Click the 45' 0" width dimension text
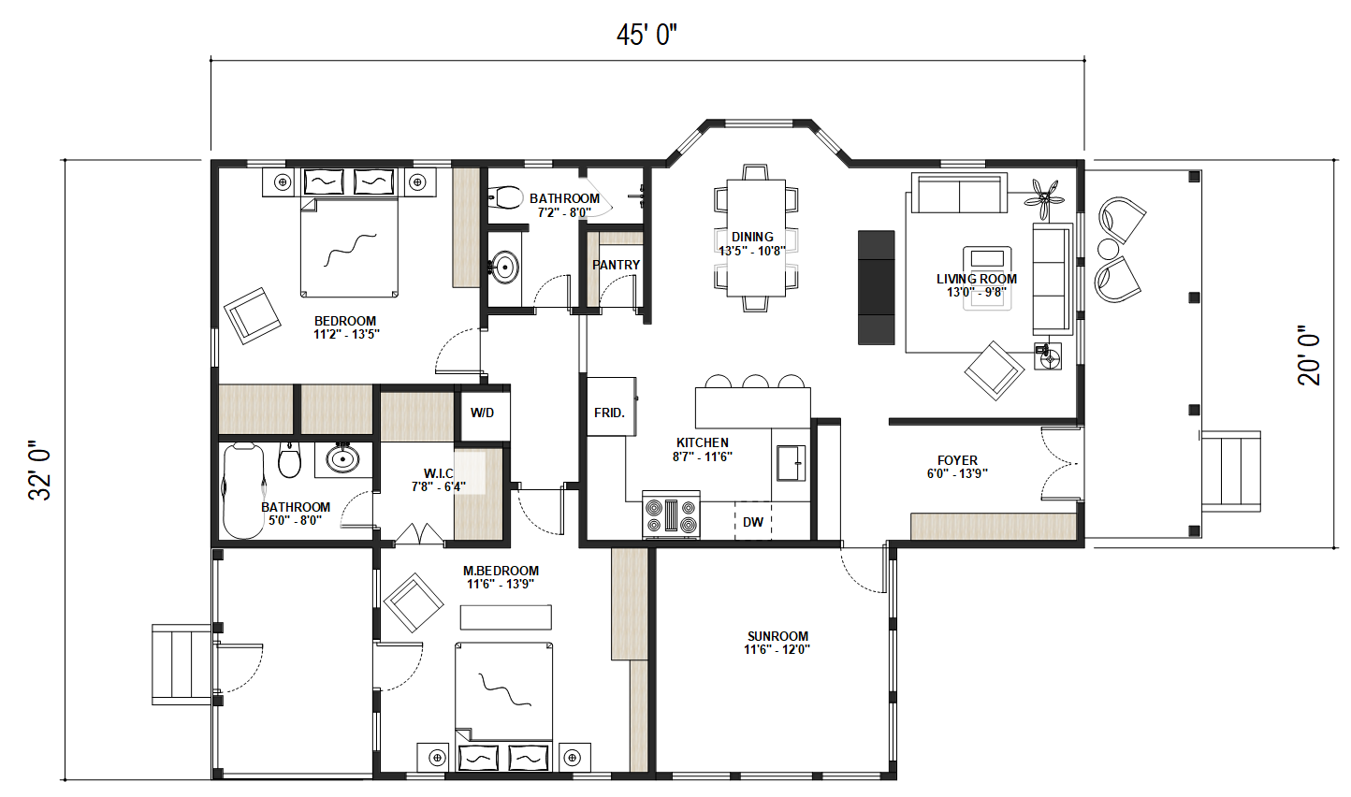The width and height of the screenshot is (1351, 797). coord(646,35)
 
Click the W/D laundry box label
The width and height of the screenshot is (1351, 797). coord(482,413)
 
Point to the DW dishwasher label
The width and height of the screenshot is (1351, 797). coord(753,522)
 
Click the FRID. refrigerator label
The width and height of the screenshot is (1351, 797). coord(609,413)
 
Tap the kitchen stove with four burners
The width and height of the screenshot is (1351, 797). coord(671,514)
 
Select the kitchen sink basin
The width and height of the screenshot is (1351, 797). coord(791,463)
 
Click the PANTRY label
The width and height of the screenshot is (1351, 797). coord(616,265)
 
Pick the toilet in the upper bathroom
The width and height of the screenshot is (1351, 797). coord(507,197)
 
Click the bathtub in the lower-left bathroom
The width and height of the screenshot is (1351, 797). coord(243,491)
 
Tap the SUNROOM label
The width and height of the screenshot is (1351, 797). coord(777,636)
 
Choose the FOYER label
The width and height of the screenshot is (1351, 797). coord(957,460)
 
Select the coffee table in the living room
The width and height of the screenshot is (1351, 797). coord(987,277)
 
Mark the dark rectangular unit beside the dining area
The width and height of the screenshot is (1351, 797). coord(877,287)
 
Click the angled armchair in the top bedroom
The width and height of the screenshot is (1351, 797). coord(252,315)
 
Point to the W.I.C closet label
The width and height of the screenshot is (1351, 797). coord(439,474)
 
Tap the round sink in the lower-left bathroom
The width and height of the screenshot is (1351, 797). coord(343,459)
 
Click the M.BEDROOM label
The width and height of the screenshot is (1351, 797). coord(501,571)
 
